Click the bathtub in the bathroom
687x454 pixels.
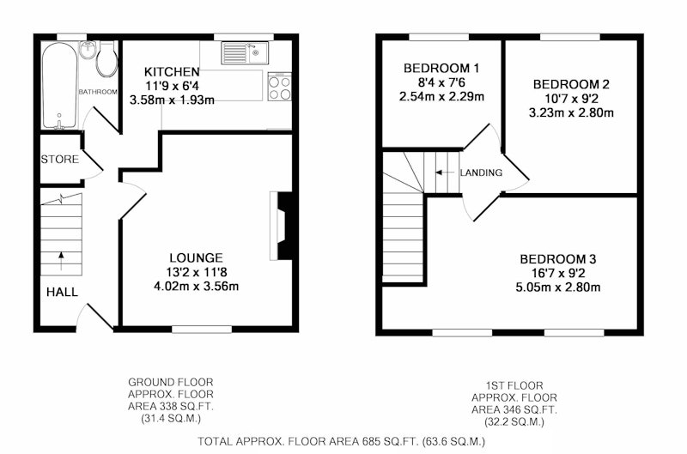click(60, 85)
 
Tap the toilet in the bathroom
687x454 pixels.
click(106, 59)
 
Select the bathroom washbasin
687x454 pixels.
click(88, 50)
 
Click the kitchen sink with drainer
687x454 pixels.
click(245, 53)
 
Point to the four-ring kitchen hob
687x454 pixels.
click(280, 87)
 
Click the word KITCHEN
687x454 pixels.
click(172, 72)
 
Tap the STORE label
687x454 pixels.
click(59, 160)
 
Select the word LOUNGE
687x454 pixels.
click(196, 257)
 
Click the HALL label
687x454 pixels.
click(62, 292)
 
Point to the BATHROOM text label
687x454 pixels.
click(98, 92)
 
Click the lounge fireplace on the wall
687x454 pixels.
click(282, 226)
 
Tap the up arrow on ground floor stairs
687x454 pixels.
click(61, 261)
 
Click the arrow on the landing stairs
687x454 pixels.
click(444, 173)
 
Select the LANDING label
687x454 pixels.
click(481, 173)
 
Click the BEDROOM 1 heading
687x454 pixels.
click(441, 69)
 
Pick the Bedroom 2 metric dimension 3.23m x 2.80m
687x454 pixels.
click(571, 113)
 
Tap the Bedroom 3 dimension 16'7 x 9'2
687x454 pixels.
click(558, 274)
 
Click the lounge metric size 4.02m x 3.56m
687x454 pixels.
click(197, 287)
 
